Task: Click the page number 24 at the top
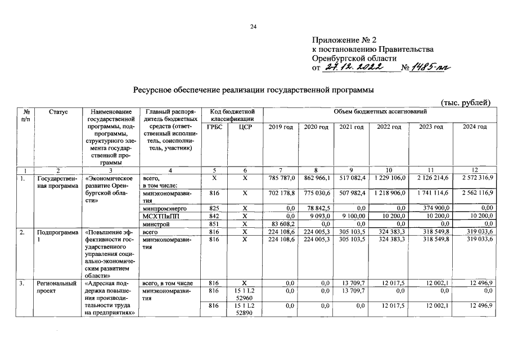click(x=254, y=26)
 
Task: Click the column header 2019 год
click(x=281, y=127)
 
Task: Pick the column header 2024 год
click(x=474, y=127)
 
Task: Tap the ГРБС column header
click(x=214, y=127)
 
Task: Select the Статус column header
click(x=58, y=112)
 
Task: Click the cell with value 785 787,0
click(x=282, y=178)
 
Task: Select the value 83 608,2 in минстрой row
click(x=283, y=224)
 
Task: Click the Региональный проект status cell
click(x=55, y=287)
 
